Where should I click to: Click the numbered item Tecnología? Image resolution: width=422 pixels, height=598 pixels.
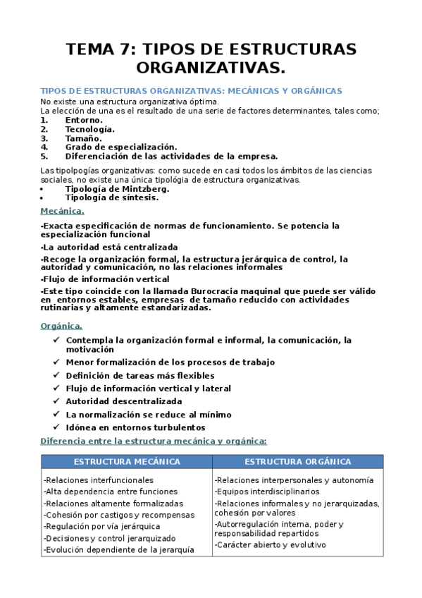point(89,129)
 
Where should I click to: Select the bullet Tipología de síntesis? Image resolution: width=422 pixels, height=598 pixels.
point(111,198)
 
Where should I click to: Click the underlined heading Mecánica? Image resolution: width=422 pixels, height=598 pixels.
point(62,211)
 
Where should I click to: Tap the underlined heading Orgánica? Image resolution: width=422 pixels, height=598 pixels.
point(61,326)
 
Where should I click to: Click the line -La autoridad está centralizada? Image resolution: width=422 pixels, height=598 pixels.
point(109,247)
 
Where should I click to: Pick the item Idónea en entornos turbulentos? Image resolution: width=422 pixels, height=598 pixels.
point(135,427)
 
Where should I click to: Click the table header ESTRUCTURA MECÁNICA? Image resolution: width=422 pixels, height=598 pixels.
point(127,462)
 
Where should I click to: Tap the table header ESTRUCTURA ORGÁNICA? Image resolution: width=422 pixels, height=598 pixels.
point(297,462)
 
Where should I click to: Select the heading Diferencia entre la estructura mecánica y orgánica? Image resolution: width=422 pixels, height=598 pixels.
point(154,441)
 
